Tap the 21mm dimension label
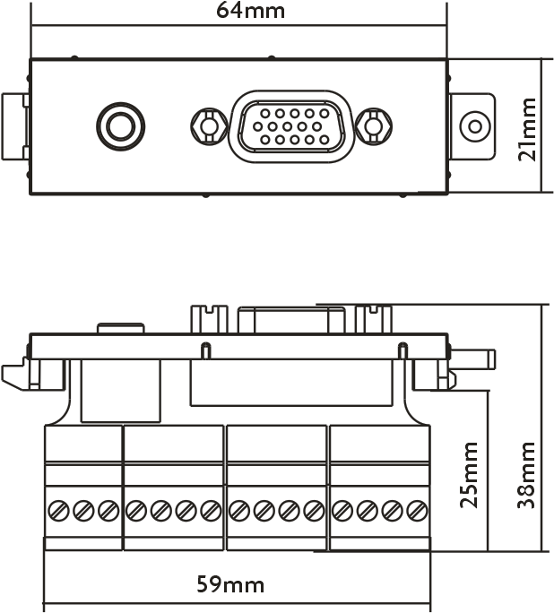(x=528, y=126)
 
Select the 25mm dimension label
(x=470, y=474)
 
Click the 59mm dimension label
(x=230, y=585)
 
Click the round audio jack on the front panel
(x=119, y=126)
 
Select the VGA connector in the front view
(x=290, y=126)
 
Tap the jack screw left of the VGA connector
(x=208, y=126)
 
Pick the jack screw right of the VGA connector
(x=373, y=126)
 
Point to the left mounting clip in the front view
(x=17, y=126)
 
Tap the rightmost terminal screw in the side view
(x=416, y=511)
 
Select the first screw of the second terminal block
(x=135, y=511)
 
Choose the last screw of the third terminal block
(x=313, y=511)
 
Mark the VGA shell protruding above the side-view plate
(x=290, y=320)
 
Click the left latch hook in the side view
(x=15, y=376)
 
